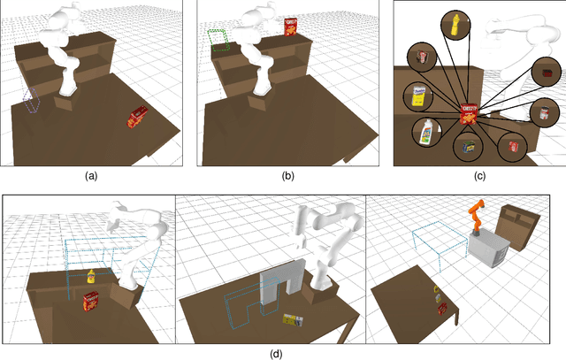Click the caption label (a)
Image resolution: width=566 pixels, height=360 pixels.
coord(90,176)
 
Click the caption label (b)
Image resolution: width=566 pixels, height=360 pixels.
coord(287,176)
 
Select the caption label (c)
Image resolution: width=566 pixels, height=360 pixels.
coord(479,176)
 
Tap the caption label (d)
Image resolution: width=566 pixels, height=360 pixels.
coord(276,354)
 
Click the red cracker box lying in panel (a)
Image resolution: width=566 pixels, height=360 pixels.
coord(137,118)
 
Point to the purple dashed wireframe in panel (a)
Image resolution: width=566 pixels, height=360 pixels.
coord(32,99)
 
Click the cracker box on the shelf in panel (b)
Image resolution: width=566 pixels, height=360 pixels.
coord(291,27)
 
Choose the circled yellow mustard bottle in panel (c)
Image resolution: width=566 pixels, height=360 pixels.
coord(455,23)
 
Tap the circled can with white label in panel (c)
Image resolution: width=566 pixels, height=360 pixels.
coord(541,112)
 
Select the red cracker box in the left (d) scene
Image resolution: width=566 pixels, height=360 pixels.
coord(90,303)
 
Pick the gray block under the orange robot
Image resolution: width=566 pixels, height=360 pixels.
coord(489,253)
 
